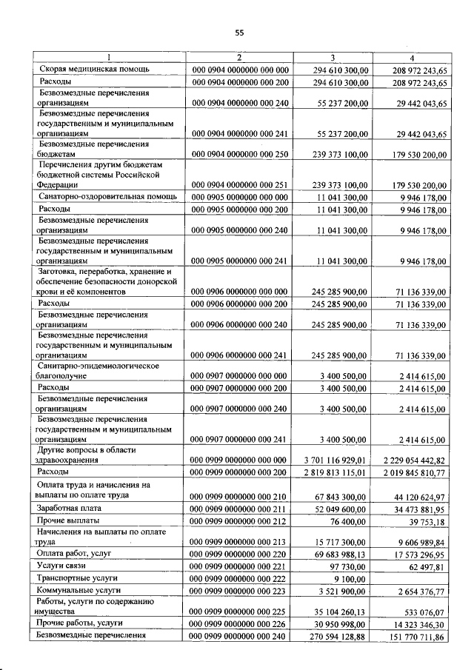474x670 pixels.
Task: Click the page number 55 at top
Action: point(239,31)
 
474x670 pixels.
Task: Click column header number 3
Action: point(332,58)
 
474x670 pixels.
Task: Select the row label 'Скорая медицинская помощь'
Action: point(94,69)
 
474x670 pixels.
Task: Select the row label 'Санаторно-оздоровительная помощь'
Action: point(107,197)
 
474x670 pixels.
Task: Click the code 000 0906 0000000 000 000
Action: point(240,292)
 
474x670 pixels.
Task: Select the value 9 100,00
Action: point(353,577)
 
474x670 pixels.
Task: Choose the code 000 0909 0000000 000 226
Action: point(240,626)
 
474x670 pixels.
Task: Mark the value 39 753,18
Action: point(423,521)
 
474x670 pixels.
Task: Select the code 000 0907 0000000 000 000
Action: point(240,376)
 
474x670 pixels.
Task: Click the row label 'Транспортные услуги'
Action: point(79,577)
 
